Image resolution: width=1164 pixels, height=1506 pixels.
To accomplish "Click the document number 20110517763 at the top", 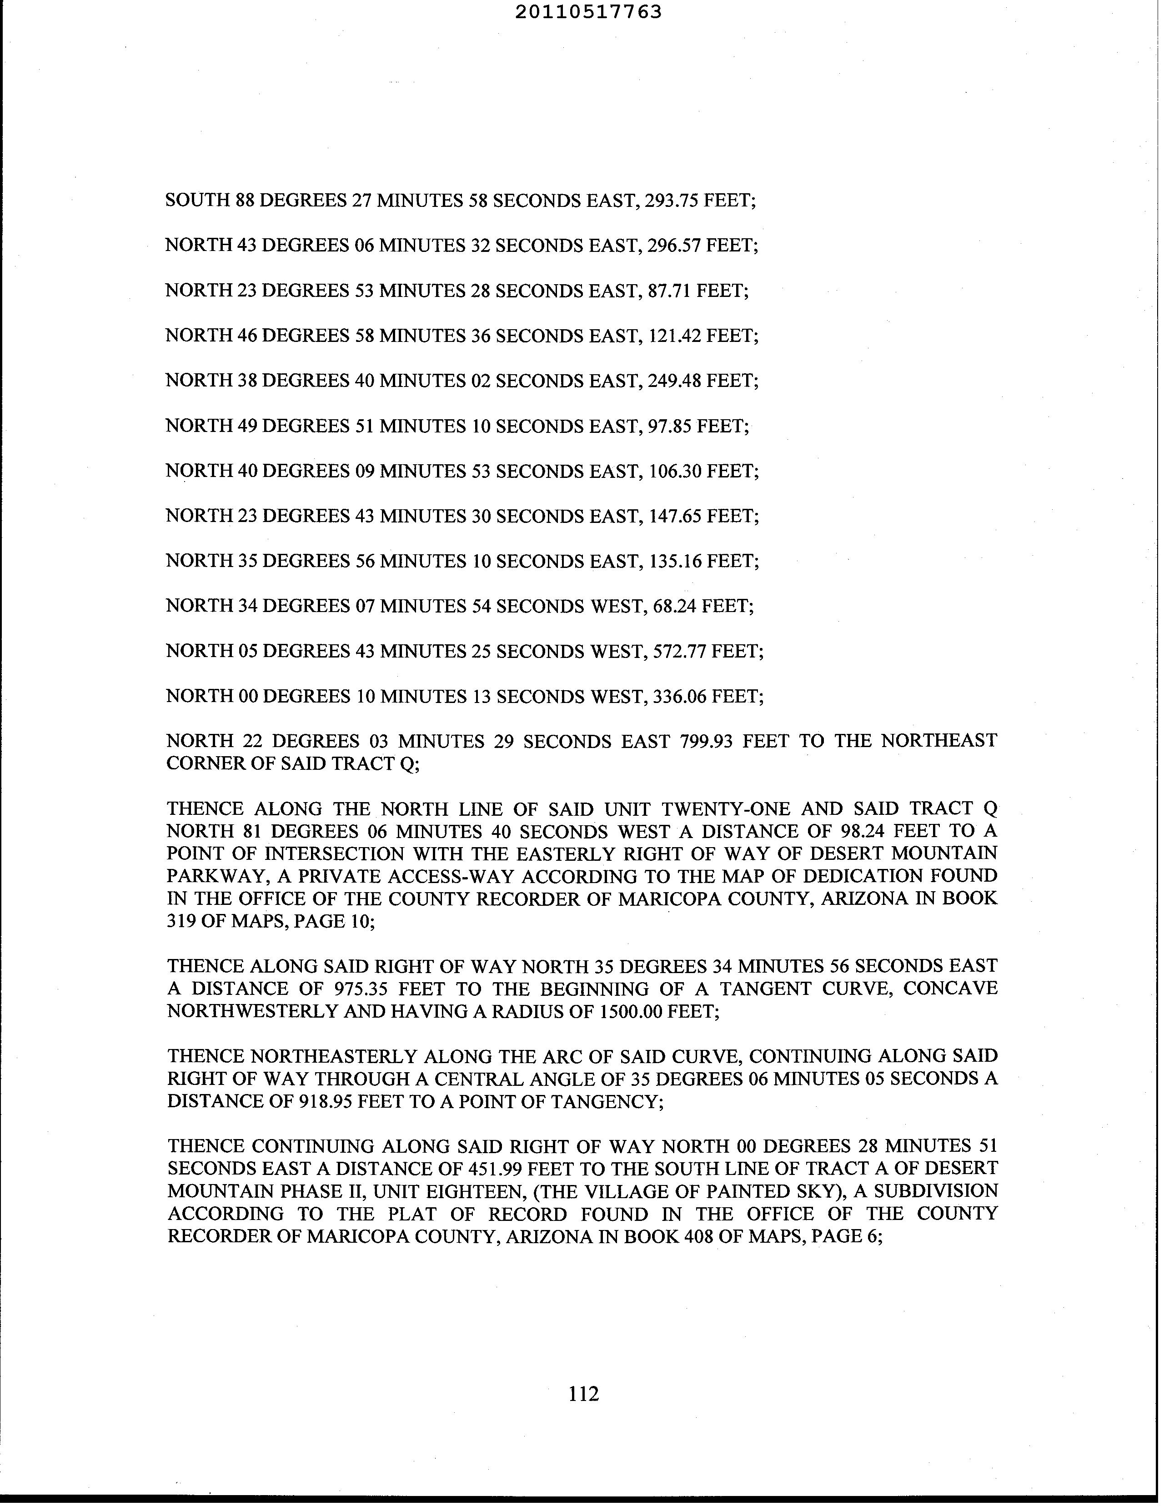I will (588, 12).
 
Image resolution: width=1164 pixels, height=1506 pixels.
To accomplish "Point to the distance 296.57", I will (672, 246).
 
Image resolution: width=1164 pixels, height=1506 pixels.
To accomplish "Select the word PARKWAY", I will (206, 876).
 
